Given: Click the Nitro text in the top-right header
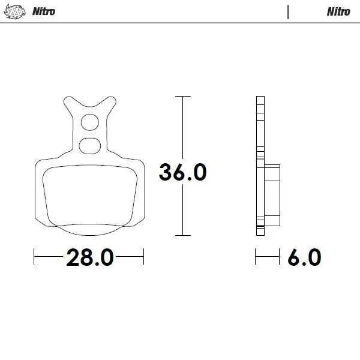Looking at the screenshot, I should click(338, 11).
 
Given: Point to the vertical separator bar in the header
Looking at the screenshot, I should click(289, 11).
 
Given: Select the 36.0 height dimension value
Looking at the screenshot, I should click(182, 172).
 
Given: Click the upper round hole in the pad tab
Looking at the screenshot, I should click(89, 122).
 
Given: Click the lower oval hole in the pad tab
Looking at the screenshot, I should click(89, 144).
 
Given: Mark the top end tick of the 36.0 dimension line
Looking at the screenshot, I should click(182, 96).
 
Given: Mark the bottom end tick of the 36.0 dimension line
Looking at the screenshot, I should click(182, 235).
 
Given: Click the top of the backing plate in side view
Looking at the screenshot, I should click(259, 98).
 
